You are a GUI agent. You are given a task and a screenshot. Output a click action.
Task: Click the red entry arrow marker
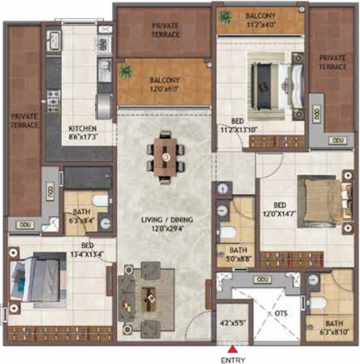click(233, 350)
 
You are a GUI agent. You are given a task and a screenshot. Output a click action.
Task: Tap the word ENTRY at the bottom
click(233, 360)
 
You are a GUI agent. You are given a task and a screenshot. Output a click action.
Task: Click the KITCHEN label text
click(82, 128)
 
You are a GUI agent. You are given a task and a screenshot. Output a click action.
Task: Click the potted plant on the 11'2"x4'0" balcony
click(225, 18)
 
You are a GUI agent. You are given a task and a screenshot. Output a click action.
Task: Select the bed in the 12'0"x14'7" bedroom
click(322, 199)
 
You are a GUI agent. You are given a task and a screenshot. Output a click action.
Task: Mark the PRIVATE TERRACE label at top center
click(165, 30)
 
